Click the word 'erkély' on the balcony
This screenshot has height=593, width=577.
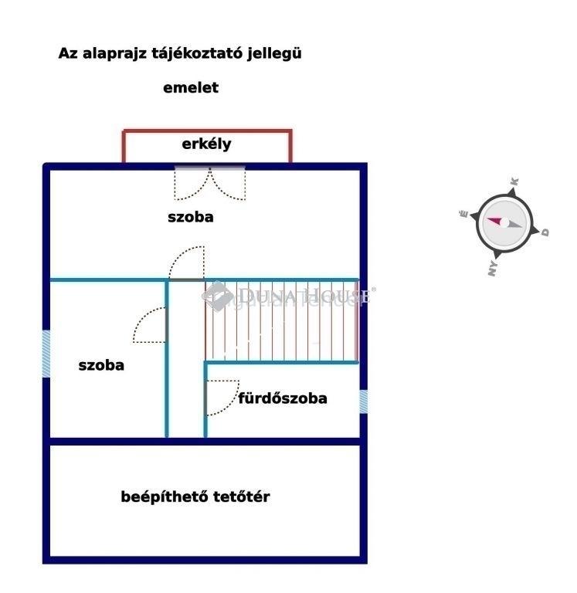click(206, 144)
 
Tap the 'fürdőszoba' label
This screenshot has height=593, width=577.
click(283, 398)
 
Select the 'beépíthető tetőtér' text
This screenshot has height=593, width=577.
click(195, 496)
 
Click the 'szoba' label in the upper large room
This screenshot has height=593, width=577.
click(191, 217)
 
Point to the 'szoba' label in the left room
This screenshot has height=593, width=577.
click(101, 365)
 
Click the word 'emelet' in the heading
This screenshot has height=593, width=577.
click(191, 88)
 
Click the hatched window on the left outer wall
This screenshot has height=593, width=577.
click(46, 354)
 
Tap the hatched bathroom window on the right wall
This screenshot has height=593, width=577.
click(363, 402)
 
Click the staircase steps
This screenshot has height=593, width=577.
click(281, 321)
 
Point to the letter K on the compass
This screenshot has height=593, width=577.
click(514, 181)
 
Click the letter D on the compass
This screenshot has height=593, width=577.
click(545, 232)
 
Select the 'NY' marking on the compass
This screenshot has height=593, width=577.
click(492, 268)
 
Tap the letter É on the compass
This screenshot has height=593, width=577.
click(464, 214)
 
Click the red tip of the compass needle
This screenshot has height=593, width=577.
click(488, 219)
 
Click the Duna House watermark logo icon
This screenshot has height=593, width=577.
click(217, 296)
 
